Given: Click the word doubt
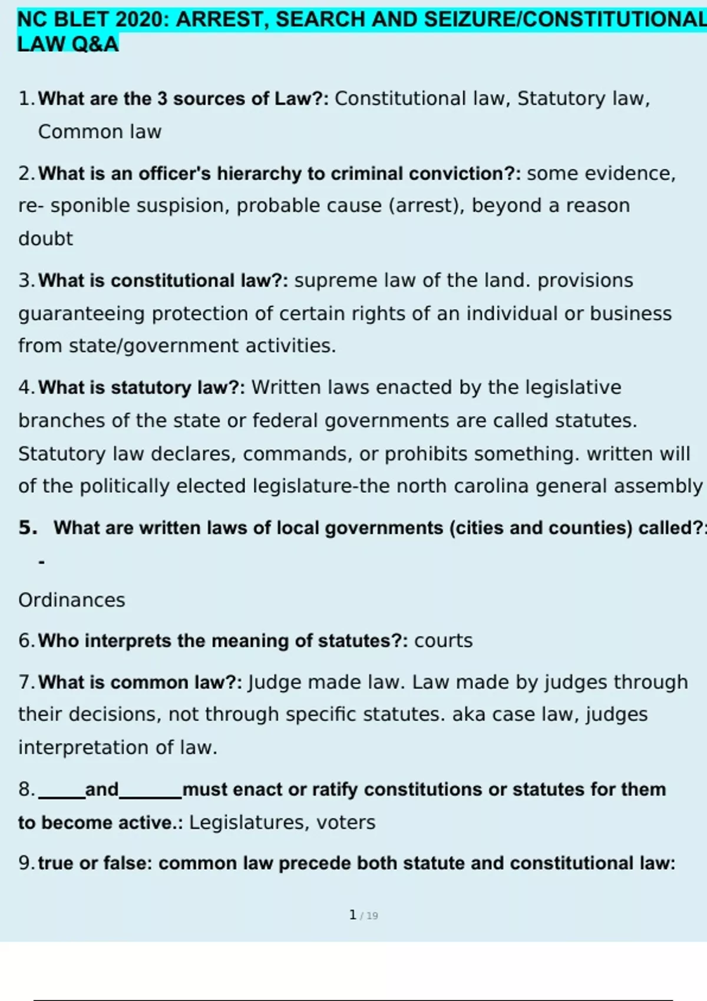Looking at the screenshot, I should pyautogui.click(x=45, y=238).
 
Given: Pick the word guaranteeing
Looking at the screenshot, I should pyautogui.click(x=81, y=314).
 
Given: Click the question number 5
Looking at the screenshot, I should pyautogui.click(x=28, y=528).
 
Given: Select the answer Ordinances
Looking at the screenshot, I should pyautogui.click(x=72, y=600).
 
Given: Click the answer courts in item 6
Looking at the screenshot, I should pyautogui.click(x=443, y=641).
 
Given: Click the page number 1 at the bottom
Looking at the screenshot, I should pyautogui.click(x=352, y=915).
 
